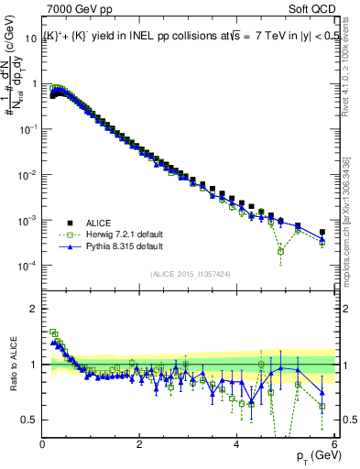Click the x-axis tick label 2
click(x=139, y=444)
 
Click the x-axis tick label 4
click(x=236, y=444)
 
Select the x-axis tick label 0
click(x=43, y=444)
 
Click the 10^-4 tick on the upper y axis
click(x=27, y=266)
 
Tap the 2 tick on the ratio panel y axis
click(x=33, y=309)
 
